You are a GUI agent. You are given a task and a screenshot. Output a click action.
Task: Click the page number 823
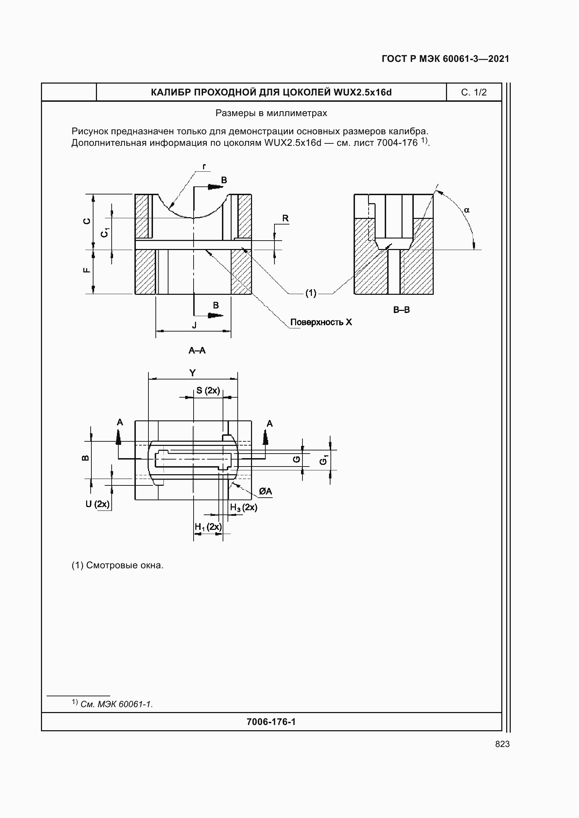point(502,744)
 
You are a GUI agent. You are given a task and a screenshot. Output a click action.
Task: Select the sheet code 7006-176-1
point(271,722)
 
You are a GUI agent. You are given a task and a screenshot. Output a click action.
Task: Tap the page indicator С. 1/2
point(474,92)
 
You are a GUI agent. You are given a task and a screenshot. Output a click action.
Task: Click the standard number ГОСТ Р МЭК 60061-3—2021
point(445,59)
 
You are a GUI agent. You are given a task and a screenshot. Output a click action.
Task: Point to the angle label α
point(467,210)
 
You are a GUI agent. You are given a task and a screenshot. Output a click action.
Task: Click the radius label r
point(204,166)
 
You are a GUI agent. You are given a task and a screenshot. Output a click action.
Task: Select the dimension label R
point(285,218)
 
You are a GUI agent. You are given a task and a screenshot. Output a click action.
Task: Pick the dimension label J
point(194,325)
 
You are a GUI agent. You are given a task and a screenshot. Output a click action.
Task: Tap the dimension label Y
point(193,373)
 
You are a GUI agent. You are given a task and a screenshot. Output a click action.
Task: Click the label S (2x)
point(208,391)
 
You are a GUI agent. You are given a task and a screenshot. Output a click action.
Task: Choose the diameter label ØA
point(265,491)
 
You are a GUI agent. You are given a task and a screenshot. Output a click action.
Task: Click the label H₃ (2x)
point(244,507)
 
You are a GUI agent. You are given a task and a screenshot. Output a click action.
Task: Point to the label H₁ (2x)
point(208,527)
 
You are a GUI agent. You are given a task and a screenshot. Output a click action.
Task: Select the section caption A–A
point(197,350)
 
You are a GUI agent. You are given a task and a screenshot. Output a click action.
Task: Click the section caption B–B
point(402,310)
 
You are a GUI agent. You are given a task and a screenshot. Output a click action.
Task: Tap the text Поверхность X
point(321,322)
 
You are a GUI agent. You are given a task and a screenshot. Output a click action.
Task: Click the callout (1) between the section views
point(311,293)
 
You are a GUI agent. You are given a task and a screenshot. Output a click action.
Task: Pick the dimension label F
point(86,270)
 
